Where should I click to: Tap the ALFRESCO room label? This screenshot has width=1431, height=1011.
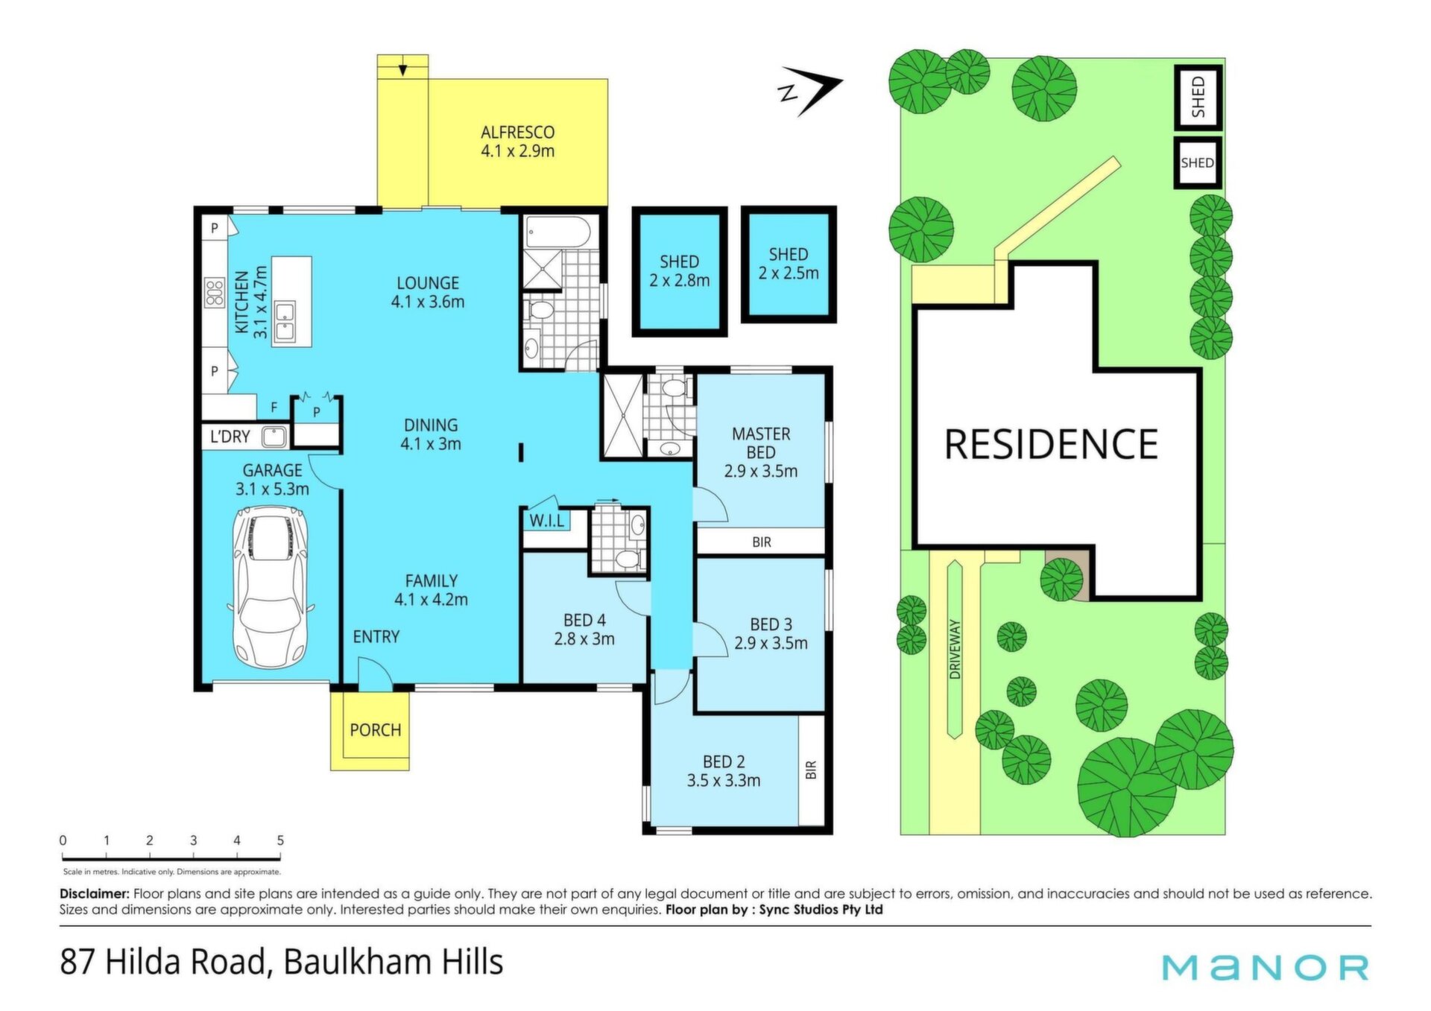[x=517, y=133]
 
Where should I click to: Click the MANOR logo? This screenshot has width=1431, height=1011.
[x=1266, y=968]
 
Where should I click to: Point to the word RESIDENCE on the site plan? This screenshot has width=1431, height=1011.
[x=1051, y=444]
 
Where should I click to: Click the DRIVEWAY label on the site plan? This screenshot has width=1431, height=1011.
[x=955, y=649]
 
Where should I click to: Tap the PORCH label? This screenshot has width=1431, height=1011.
[x=376, y=730]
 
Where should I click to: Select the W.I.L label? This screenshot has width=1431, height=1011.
[x=547, y=521]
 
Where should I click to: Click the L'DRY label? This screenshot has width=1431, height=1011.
[x=230, y=437]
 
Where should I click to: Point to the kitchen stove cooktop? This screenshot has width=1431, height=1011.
[x=215, y=292]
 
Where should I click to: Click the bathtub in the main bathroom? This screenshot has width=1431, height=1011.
[x=558, y=232]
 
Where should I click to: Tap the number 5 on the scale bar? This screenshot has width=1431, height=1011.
[x=280, y=840]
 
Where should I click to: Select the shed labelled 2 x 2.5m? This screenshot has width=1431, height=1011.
[x=789, y=264]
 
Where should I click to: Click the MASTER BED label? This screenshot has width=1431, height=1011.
[x=761, y=443]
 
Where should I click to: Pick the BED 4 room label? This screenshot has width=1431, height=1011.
[x=584, y=620]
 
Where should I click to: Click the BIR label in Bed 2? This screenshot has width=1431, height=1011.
[x=812, y=770]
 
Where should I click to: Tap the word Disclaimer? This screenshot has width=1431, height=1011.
[x=95, y=893]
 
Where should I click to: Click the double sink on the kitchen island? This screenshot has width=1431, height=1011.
[x=285, y=322]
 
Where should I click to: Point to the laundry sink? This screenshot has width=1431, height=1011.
[x=274, y=437]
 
